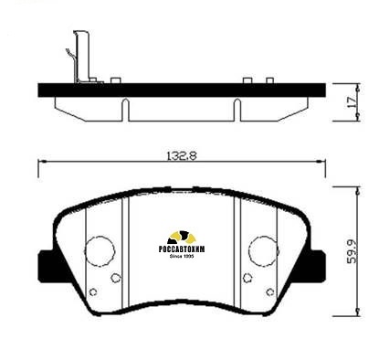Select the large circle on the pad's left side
tap(100, 249)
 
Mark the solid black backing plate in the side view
tap(183, 91)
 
